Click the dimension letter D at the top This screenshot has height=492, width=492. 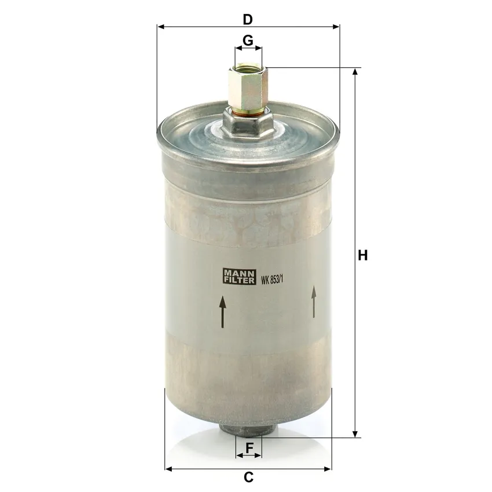click(248, 20)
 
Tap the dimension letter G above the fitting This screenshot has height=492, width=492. click(248, 41)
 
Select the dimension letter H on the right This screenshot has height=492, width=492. click(363, 255)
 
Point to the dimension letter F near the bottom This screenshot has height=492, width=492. click(249, 448)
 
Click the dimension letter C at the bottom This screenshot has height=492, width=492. click(248, 477)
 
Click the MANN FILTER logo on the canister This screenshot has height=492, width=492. click(240, 277)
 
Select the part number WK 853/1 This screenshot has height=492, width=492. click(272, 280)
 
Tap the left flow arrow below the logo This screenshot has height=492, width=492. click(222, 311)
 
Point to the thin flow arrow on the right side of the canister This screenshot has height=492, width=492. click(314, 302)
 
